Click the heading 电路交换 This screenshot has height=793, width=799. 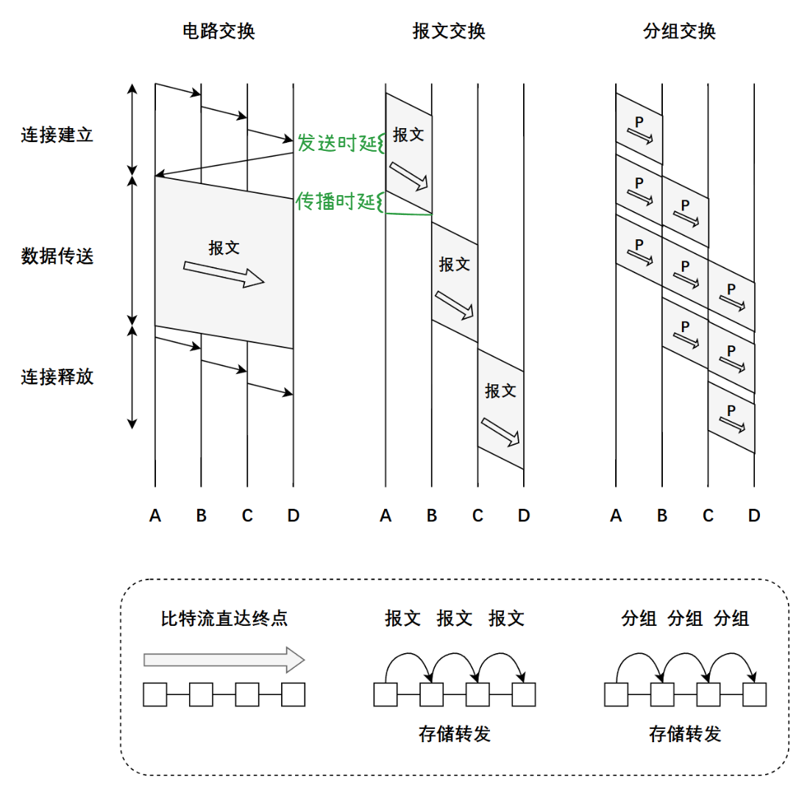[219, 32]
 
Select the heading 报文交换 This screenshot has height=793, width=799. [449, 32]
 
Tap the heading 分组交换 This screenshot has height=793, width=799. [679, 32]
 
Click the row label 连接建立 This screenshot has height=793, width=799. [57, 135]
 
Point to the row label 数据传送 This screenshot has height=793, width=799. [57, 256]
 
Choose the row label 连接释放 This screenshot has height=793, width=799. [57, 377]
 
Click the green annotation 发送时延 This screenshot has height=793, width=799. [337, 143]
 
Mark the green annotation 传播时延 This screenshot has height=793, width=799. [336, 202]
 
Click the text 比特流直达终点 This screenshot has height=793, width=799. [224, 618]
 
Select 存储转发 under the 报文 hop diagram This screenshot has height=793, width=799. [454, 733]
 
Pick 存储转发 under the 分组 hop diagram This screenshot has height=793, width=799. [684, 733]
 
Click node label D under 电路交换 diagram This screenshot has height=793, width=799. [293, 516]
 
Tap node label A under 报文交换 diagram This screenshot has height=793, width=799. [386, 516]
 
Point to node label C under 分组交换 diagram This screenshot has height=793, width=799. [708, 516]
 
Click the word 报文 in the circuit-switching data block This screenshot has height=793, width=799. [224, 248]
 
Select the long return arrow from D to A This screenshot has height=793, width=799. [224, 166]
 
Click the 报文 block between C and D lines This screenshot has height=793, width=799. [500, 409]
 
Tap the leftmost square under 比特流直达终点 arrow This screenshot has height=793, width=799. [155, 694]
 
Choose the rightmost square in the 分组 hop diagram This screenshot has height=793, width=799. [754, 694]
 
